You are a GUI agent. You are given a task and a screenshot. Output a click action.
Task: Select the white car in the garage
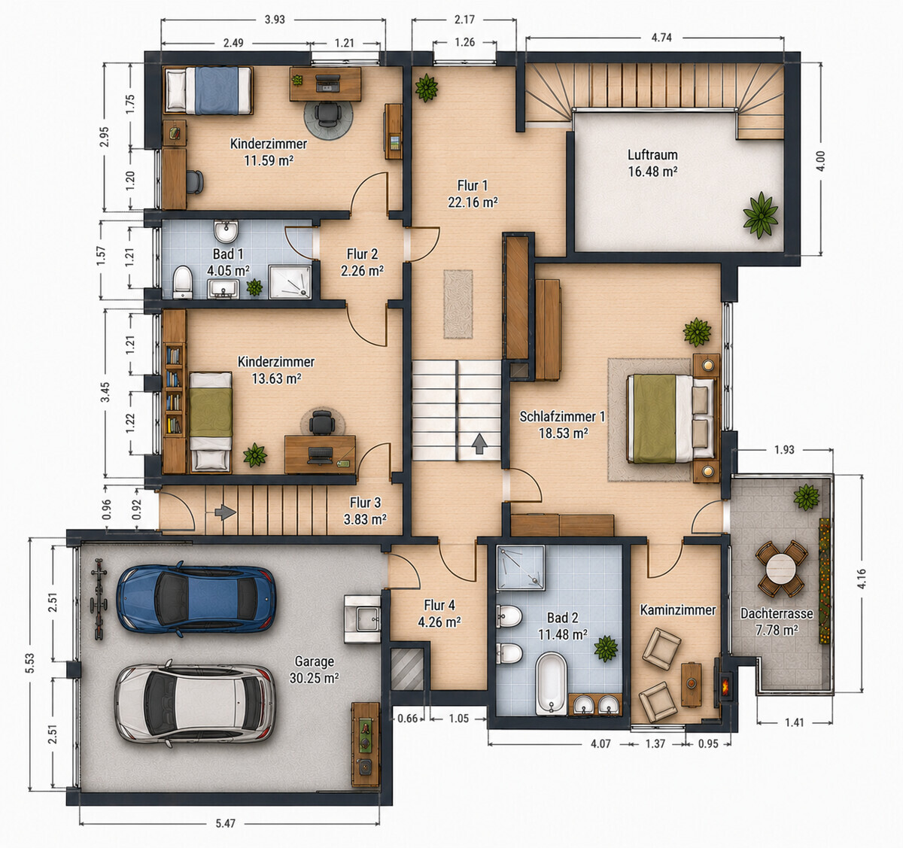pyautogui.click(x=195, y=703)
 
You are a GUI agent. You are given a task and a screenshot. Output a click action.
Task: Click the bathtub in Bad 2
pyautogui.click(x=552, y=684)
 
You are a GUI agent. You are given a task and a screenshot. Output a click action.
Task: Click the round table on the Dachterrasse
pyautogui.click(x=781, y=568)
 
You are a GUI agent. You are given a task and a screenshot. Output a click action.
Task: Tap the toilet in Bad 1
pyautogui.click(x=183, y=282)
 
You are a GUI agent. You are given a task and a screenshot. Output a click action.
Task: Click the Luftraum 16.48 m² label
pyautogui.click(x=653, y=163)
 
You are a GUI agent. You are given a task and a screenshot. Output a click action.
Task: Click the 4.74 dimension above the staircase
pyautogui.click(x=661, y=38)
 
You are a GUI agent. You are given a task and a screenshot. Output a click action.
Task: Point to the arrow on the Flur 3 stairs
pyautogui.click(x=225, y=512)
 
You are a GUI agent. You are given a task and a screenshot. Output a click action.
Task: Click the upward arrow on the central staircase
pyautogui.click(x=479, y=444)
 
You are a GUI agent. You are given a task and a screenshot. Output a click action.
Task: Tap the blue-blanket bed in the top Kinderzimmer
pyautogui.click(x=208, y=90)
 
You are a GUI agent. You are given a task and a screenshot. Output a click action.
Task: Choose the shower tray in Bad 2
pyautogui.click(x=521, y=568)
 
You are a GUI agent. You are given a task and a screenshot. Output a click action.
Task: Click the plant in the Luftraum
pyautogui.click(x=760, y=215)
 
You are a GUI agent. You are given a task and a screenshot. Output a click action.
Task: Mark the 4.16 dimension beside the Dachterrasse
pyautogui.click(x=862, y=579)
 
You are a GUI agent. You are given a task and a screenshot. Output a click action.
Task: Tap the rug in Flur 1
pyautogui.click(x=458, y=304)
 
